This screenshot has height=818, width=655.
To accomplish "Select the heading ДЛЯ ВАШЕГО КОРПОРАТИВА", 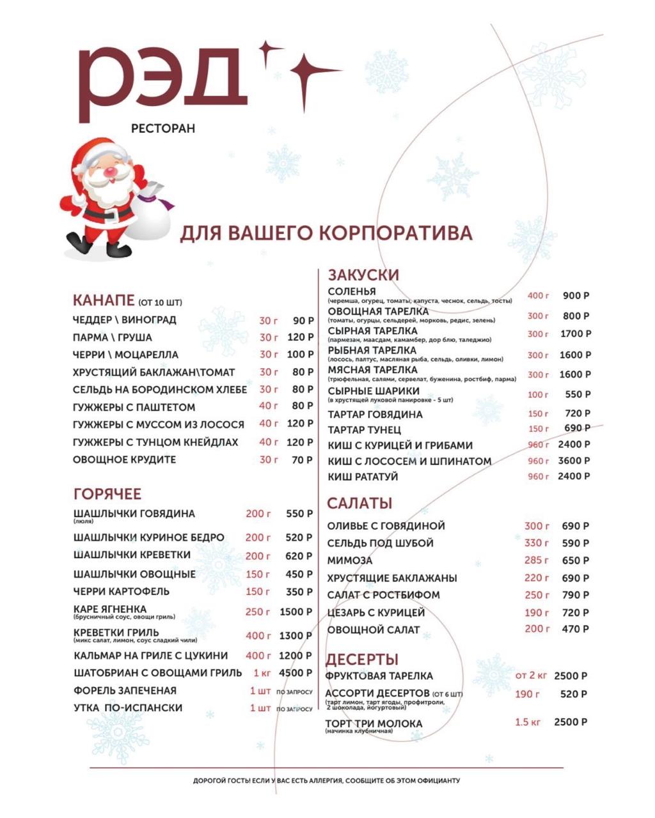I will tap(326, 233).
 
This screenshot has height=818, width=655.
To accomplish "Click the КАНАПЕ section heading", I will tap(104, 300).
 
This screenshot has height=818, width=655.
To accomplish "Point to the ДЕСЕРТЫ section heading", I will tap(362, 660).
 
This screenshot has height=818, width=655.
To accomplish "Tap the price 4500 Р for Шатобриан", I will tap(296, 673).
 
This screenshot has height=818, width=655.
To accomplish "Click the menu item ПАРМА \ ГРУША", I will tap(113, 337).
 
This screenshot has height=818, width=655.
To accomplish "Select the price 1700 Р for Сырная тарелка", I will tap(575, 334).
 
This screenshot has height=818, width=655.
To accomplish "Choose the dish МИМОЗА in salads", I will tap(349, 560).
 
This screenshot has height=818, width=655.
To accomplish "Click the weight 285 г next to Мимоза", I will tap(536, 560).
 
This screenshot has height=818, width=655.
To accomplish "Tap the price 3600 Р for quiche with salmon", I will tap(573, 460).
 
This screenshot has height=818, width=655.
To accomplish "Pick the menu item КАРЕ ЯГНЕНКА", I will tap(110, 609).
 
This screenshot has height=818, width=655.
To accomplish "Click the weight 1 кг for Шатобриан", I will tap(262, 673).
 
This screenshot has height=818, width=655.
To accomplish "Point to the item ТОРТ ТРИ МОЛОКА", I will tap(374, 723).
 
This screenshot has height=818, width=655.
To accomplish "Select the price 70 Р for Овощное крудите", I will tap(302, 459).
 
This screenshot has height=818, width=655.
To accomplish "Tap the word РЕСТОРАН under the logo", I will tap(162, 128).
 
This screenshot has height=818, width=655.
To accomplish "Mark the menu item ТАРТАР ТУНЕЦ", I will tap(365, 429).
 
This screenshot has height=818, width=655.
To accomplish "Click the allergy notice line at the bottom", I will tap(326, 780).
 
